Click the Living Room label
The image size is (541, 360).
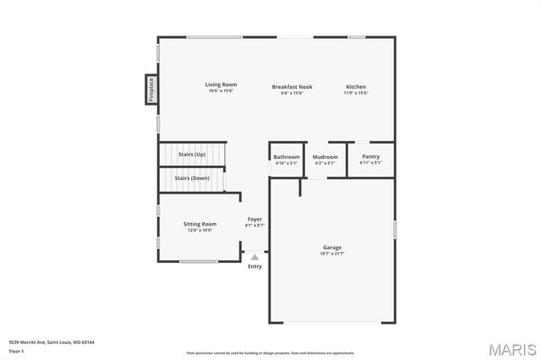[221, 85]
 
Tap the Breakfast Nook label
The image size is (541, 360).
[287, 87]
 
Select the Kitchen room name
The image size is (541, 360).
[355, 87]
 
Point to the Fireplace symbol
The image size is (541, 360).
[151, 89]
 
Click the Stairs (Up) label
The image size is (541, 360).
[192, 155]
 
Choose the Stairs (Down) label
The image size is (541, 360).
[192, 178]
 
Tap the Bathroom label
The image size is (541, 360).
[287, 156]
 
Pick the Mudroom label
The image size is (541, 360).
[325, 156]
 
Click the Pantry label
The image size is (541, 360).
[370, 156]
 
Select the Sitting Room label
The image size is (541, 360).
[200, 224]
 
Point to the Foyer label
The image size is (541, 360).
[254, 219]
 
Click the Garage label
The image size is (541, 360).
[332, 247]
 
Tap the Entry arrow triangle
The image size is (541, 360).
[254, 256]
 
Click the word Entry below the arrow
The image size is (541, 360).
[254, 266]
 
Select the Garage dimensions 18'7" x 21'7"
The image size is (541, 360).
[332, 254]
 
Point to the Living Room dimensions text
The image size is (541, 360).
[221, 90]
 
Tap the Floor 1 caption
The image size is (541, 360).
[17, 350]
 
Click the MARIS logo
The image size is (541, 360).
[512, 348]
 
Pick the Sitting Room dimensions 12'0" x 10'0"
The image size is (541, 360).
[200, 230]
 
